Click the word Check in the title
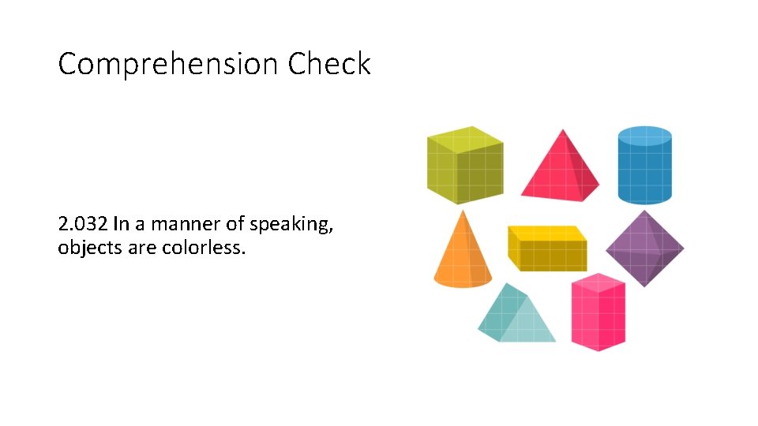click(x=328, y=63)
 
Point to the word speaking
click(x=291, y=226)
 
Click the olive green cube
click(x=464, y=167)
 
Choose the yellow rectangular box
click(x=547, y=249)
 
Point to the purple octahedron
click(x=644, y=248)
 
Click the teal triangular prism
click(x=515, y=316)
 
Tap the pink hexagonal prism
click(x=599, y=314)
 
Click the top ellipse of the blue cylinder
click(x=644, y=136)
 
